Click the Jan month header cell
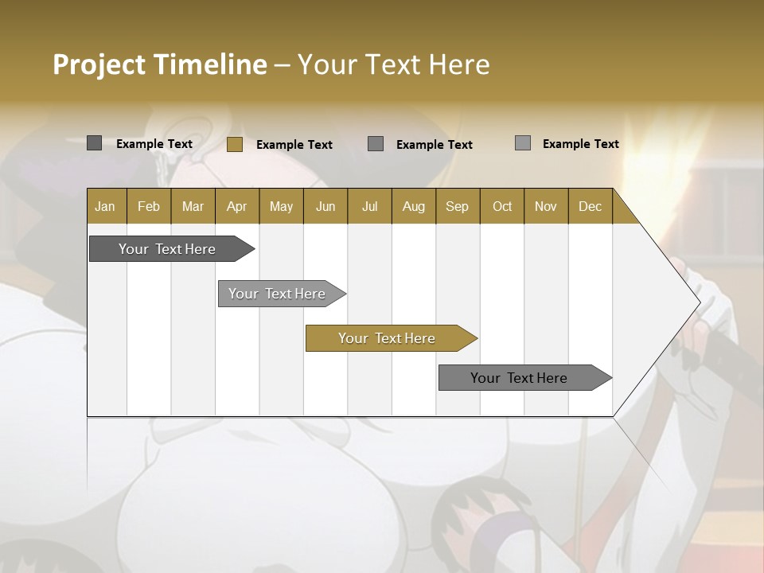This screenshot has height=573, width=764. pyautogui.click(x=106, y=206)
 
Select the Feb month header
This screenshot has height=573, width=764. pyautogui.click(x=149, y=206)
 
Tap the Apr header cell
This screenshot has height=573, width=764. pyautogui.click(x=236, y=206)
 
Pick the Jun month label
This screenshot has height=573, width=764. pyautogui.click(x=325, y=206)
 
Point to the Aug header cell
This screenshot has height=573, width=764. pyautogui.click(x=413, y=206)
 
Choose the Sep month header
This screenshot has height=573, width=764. pyautogui.click(x=457, y=206)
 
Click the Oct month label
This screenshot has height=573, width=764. pyautogui.click(x=502, y=206)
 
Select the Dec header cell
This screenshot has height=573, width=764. pyautogui.click(x=590, y=206)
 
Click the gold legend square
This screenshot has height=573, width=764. pyautogui.click(x=234, y=144)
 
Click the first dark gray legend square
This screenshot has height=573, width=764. pyautogui.click(x=94, y=143)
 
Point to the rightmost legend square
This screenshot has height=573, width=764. pyautogui.click(x=523, y=143)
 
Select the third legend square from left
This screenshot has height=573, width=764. pyautogui.click(x=376, y=143)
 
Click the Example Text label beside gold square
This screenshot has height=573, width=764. pyautogui.click(x=294, y=145)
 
